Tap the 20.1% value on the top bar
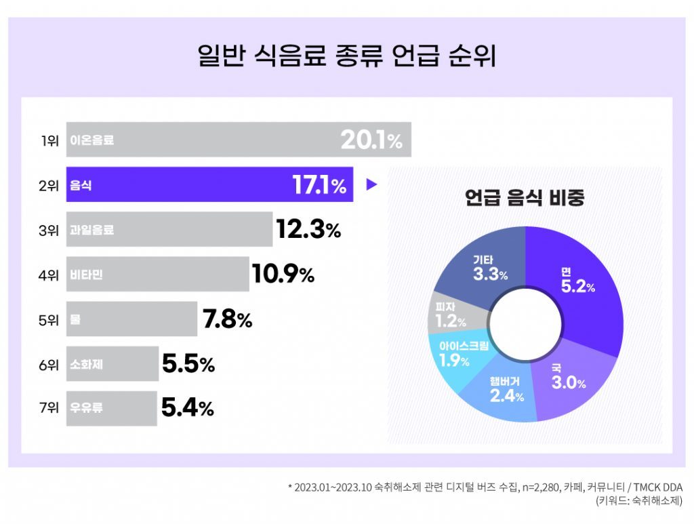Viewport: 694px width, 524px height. coord(371,140)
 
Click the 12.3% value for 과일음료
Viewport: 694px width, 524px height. coord(308,229)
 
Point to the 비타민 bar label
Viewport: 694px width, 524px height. coord(86,275)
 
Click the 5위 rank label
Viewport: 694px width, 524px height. coord(49,319)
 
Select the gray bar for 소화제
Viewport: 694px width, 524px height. coord(112,364)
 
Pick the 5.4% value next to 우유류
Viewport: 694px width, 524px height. coord(188,408)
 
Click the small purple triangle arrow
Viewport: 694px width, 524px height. coord(371,184)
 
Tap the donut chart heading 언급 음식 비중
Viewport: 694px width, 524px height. coord(525,198)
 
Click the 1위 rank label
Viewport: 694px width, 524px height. coord(49,141)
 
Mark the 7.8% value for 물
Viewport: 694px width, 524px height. coord(227,319)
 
